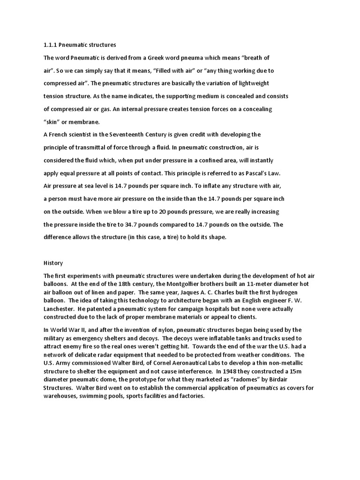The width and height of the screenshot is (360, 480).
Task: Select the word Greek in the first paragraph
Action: coord(168,58)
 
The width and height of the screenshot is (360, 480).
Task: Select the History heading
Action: coord(53,263)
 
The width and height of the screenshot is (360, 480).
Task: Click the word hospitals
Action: coord(219,309)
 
